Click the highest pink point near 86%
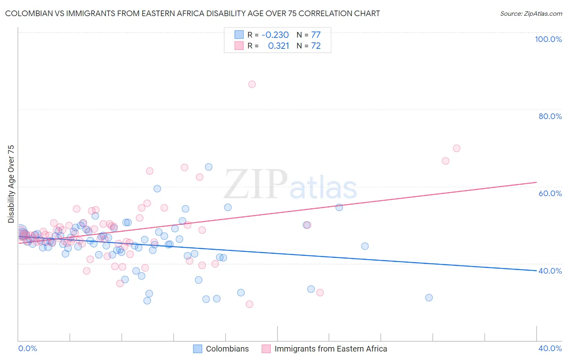pyautogui.click(x=252, y=84)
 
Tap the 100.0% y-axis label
pyautogui.click(x=548, y=39)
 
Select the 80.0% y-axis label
pyautogui.click(x=550, y=116)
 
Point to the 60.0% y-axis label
pyautogui.click(x=550, y=193)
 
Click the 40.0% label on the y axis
pyautogui.click(x=550, y=271)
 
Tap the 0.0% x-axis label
pyautogui.click(x=27, y=348)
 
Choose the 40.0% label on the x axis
pyautogui.click(x=550, y=348)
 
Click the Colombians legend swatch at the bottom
pyautogui.click(x=198, y=349)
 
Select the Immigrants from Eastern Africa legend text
pyautogui.click(x=331, y=349)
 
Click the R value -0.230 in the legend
pyautogui.click(x=275, y=35)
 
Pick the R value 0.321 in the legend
pyautogui.click(x=279, y=46)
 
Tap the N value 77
pyautogui.click(x=316, y=35)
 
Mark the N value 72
pyautogui.click(x=316, y=46)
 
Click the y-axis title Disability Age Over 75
pyautogui.click(x=11, y=184)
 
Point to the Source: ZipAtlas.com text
pyautogui.click(x=531, y=14)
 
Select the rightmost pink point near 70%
pyautogui.click(x=457, y=148)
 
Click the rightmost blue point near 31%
pyautogui.click(x=429, y=297)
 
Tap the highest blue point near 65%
pyautogui.click(x=208, y=167)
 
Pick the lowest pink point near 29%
pyautogui.click(x=250, y=304)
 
